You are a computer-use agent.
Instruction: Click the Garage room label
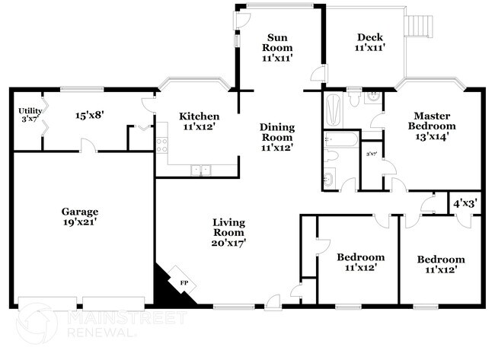pos(81,216)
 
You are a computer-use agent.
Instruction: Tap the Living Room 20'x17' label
pos(228,231)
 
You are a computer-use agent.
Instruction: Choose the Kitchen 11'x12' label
pos(200,122)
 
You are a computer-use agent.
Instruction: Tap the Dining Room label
pos(276,137)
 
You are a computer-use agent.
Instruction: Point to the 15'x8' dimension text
pos(89,116)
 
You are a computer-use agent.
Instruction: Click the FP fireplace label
pos(184,284)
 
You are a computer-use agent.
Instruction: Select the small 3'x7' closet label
pos(372,154)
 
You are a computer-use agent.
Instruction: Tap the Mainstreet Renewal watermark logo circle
pos(36,323)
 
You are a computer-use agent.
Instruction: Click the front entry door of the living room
pos(272,303)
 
